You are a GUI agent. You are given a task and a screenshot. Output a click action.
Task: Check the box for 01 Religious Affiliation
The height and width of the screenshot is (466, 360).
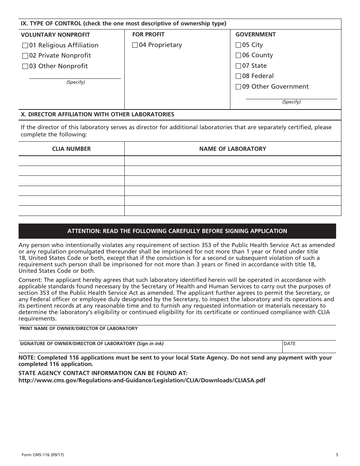click(x=25, y=45)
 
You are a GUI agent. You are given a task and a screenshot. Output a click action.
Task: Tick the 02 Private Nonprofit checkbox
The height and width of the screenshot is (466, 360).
click(x=25, y=56)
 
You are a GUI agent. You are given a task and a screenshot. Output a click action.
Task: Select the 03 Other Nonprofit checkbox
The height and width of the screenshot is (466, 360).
click(x=25, y=66)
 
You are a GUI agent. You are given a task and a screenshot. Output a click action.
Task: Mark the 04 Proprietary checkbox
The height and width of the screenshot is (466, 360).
click(x=135, y=45)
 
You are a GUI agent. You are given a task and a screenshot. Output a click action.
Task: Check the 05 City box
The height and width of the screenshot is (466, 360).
click(x=238, y=45)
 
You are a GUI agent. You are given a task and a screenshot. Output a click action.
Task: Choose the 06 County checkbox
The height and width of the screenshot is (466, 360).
click(x=238, y=55)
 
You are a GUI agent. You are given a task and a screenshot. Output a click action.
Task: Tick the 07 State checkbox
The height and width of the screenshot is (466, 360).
click(x=238, y=66)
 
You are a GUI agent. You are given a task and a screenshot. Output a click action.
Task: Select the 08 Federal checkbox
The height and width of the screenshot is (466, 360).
click(x=238, y=76)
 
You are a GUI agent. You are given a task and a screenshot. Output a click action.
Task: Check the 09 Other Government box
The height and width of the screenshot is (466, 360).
click(x=238, y=87)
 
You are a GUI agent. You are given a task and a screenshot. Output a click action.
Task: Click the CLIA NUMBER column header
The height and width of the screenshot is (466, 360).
click(x=71, y=149)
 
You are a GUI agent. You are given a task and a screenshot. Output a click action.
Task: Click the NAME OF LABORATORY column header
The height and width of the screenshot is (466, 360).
click(x=233, y=149)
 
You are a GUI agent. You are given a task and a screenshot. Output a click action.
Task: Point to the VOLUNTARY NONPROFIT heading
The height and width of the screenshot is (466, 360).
click(x=55, y=35)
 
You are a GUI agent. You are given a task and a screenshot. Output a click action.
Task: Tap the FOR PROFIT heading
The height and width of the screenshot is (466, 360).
click(x=148, y=34)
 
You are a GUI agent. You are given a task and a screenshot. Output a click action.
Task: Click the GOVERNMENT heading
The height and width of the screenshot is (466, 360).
click(x=255, y=34)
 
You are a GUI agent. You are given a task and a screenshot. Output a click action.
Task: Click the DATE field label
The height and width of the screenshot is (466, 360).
click(x=290, y=344)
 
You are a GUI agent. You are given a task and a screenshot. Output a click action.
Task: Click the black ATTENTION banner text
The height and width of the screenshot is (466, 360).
click(x=177, y=231)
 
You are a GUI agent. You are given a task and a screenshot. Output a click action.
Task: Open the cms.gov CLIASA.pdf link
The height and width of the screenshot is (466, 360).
click(x=142, y=380)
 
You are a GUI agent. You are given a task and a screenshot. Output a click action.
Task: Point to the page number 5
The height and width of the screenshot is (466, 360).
click(x=337, y=455)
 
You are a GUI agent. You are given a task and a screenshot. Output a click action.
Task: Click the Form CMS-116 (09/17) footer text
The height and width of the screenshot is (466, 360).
click(x=39, y=455)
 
